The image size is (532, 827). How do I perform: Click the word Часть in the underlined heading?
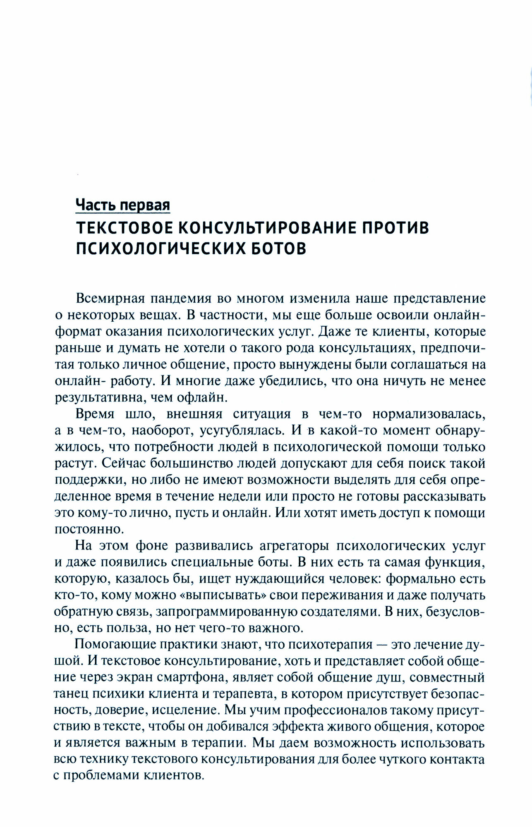click(95, 204)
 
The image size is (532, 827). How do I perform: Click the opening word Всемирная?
click(109, 298)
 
